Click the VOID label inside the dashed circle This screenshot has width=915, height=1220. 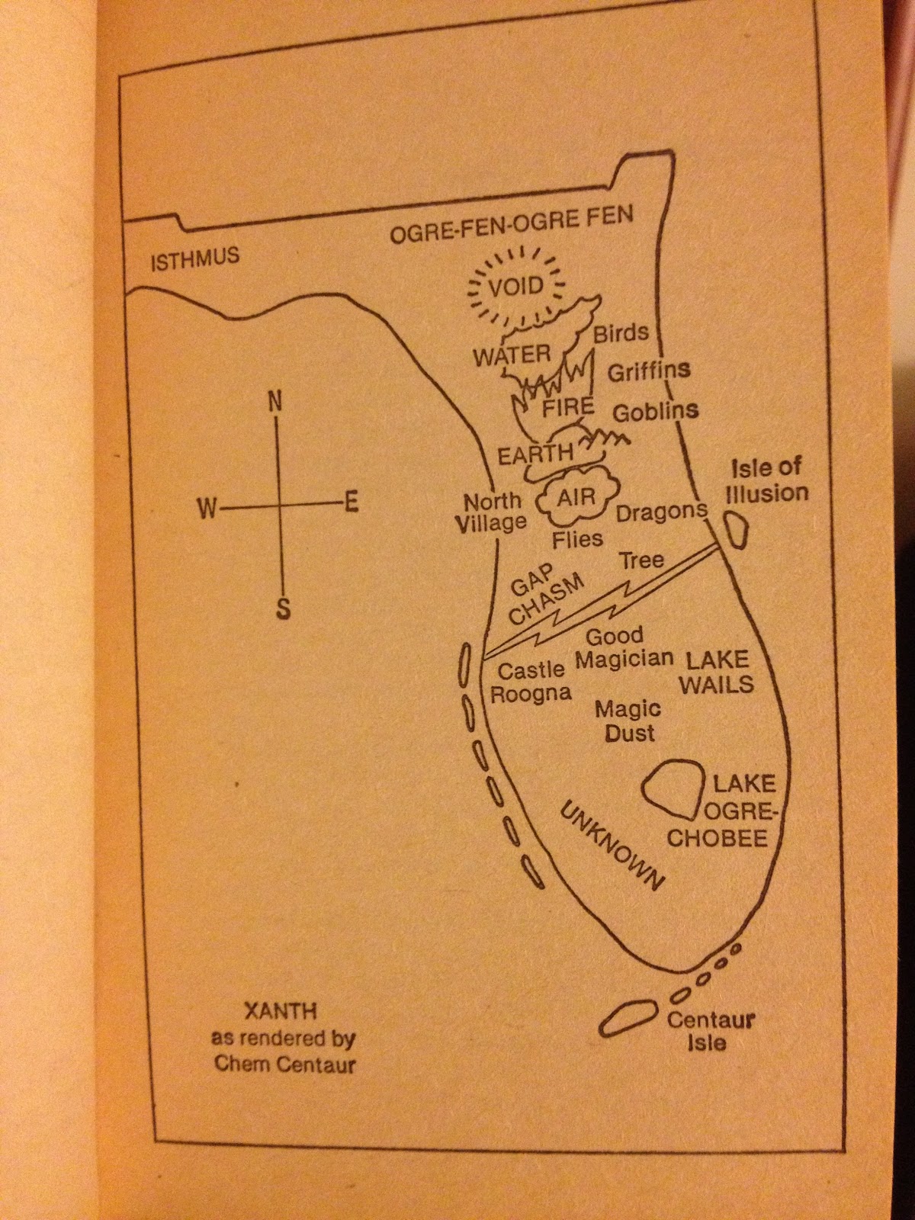click(x=516, y=287)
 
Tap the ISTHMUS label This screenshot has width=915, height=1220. click(x=195, y=258)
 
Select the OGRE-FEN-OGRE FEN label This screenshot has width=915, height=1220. click(x=512, y=226)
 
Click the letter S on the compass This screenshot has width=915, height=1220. click(x=283, y=609)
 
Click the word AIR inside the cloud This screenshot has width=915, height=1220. click(x=576, y=498)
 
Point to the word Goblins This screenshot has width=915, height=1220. click(x=656, y=412)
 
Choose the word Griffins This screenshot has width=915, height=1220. click(x=648, y=371)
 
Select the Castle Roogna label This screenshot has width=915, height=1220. click(x=531, y=682)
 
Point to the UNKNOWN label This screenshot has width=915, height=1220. click(x=612, y=846)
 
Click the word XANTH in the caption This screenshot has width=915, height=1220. click(x=280, y=1013)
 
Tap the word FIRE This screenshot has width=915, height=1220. click(x=567, y=407)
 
